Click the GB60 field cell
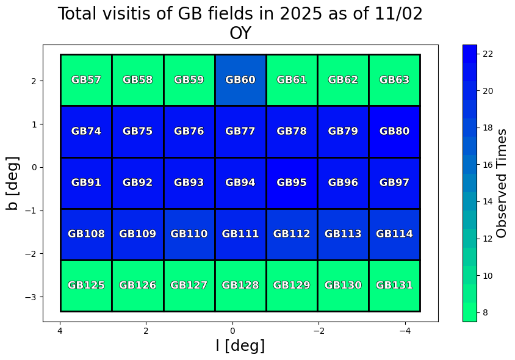pos(240,80)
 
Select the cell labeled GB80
pos(394,131)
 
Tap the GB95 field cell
pos(292,182)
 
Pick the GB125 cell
pos(86,285)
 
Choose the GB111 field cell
pos(240,234)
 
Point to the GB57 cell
pos(86,80)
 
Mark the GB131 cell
pos(394,285)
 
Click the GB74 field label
pos(86,131)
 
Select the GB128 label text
pos(240,285)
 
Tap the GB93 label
pos(189,182)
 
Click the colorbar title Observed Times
pos(502,183)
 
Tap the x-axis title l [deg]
pos(240,345)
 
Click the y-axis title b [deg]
pos(13,183)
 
